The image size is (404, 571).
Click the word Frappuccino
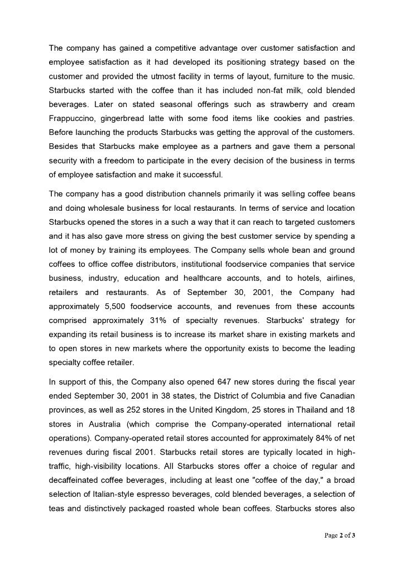(71, 118)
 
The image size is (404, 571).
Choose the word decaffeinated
(76, 480)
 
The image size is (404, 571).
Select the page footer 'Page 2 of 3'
(340, 536)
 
